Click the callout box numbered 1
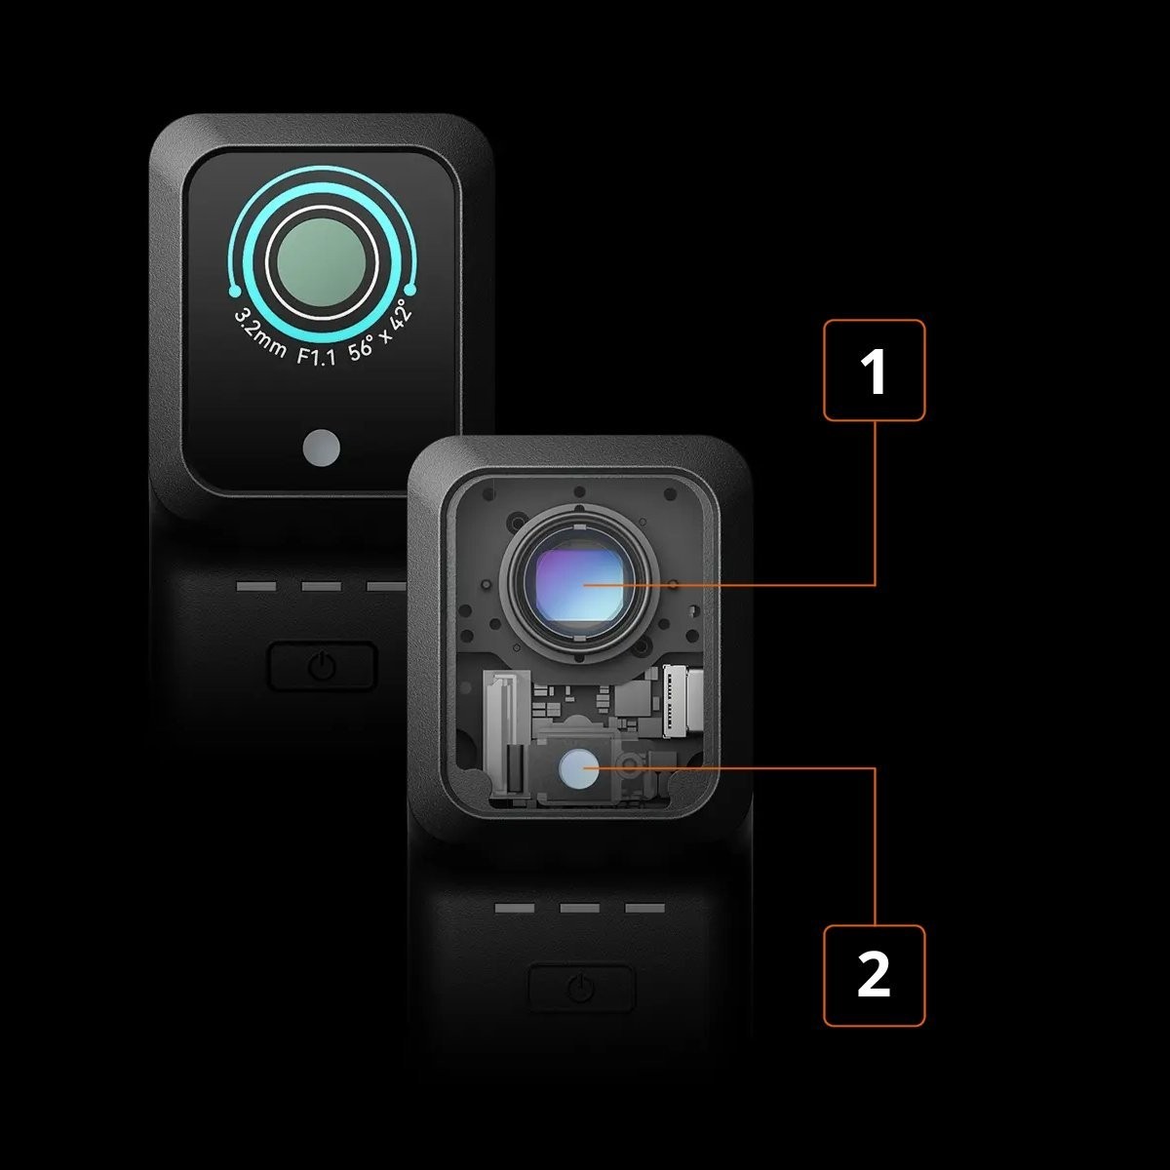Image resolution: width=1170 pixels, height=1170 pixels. (x=874, y=370)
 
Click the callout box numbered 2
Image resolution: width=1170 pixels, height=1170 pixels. (x=874, y=975)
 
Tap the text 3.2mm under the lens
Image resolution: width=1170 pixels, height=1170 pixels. (x=259, y=334)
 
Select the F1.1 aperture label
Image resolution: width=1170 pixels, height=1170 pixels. (x=316, y=357)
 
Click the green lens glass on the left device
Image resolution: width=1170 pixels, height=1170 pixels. (x=322, y=260)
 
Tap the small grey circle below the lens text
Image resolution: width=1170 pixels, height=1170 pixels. (x=321, y=448)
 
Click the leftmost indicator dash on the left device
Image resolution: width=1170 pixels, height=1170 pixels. (x=256, y=587)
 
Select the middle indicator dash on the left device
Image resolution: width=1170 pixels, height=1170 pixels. (x=321, y=587)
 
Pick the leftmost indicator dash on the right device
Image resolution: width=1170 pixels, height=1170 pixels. (x=515, y=909)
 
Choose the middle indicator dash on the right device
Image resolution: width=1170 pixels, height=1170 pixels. (x=580, y=909)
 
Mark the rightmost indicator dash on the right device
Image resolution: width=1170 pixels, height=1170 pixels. (x=644, y=909)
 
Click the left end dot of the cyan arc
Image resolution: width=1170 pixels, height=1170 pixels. (x=234, y=292)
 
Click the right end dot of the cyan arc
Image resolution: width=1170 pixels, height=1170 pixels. (x=410, y=290)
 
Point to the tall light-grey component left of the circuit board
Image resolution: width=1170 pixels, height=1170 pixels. (x=506, y=731)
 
